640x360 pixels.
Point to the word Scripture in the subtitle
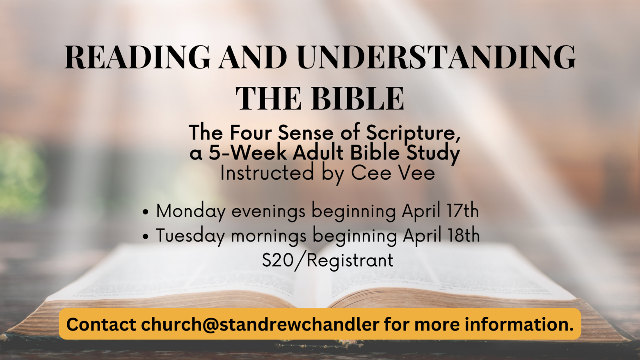pos(414,133)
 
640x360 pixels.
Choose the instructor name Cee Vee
pos(393,173)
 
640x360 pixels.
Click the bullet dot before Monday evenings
pos(146,212)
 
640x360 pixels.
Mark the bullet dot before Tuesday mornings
pos(146,237)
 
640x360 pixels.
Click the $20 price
pos(276,260)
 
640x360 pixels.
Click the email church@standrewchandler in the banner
pos(260,324)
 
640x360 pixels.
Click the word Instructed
pos(267,173)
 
